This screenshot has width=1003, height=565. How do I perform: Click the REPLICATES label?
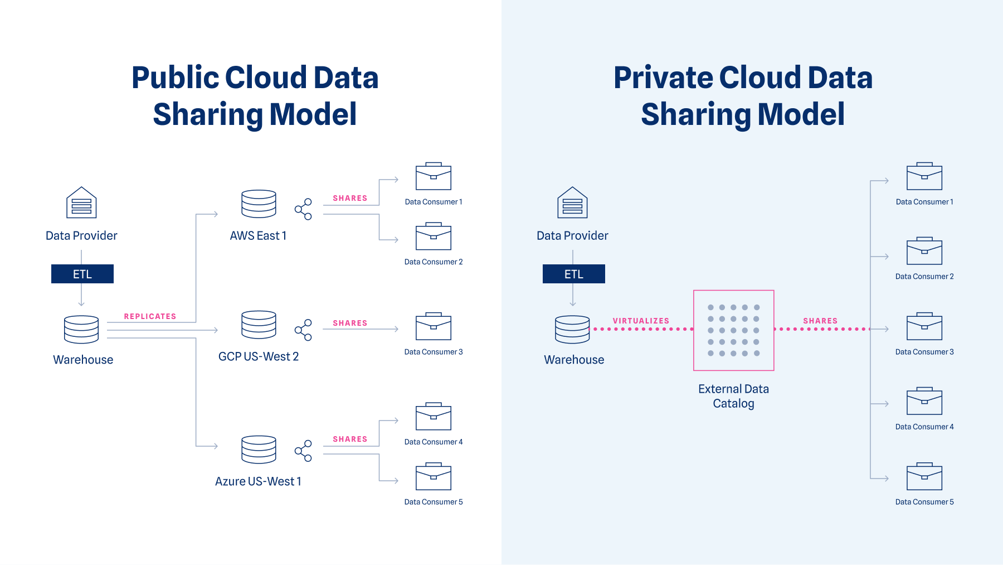point(150,316)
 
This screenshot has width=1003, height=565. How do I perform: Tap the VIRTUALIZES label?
point(641,321)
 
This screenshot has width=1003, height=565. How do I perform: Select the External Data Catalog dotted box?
point(733,330)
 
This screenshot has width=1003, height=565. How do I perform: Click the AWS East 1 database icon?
point(259,204)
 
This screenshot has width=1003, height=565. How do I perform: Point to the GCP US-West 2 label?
point(259,356)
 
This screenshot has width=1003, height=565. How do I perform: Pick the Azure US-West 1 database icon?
point(259,449)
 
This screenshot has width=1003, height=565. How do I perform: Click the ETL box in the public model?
point(82,274)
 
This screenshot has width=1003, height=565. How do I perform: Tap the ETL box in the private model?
point(573,274)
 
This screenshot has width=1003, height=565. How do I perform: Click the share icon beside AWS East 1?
point(303,209)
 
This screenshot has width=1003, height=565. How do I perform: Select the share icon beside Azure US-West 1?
point(303,451)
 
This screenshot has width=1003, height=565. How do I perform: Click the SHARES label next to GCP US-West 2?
point(350,323)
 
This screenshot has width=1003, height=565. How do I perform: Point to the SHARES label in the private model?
point(820,321)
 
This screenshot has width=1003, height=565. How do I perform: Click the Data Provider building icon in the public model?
point(81,202)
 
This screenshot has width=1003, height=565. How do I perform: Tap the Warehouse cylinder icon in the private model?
point(572,330)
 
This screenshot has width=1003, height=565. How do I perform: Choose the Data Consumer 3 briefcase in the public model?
point(434,327)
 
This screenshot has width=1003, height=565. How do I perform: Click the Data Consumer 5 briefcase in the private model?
point(924,477)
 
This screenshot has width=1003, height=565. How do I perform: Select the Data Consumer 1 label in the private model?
point(924,202)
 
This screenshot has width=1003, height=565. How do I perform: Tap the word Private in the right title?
point(663,78)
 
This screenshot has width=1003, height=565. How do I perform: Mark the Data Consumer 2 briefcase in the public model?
point(434,236)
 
